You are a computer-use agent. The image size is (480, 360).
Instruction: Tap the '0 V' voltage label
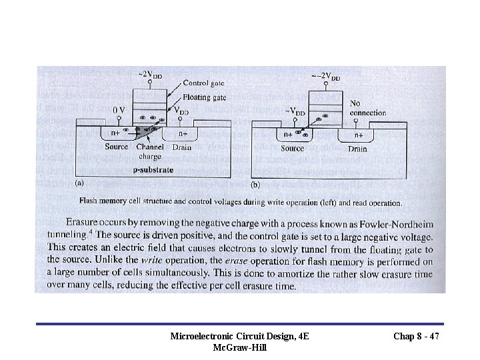click(x=119, y=109)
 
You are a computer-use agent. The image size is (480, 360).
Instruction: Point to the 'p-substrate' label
click(x=153, y=170)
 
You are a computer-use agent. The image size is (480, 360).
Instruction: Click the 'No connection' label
click(x=367, y=108)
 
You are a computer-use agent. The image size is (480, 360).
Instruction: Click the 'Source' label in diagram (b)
click(x=292, y=148)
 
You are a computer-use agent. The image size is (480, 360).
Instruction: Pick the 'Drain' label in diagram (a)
click(x=182, y=147)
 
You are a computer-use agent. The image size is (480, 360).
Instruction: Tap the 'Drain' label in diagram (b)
click(x=357, y=149)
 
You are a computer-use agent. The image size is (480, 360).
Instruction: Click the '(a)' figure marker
click(x=79, y=182)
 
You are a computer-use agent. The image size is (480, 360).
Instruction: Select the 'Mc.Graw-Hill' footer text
click(x=239, y=348)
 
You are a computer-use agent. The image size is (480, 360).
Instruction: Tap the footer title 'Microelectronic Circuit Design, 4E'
click(x=239, y=337)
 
